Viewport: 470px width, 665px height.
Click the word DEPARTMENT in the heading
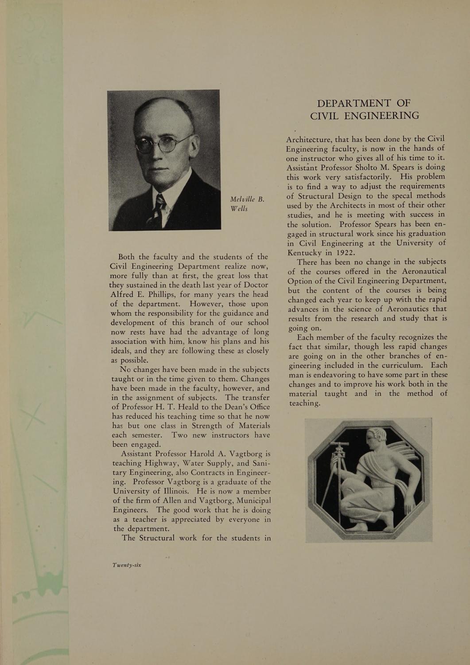353,103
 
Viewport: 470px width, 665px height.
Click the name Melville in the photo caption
244,199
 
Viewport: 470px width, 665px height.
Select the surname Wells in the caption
239,208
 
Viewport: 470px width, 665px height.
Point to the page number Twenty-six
127,565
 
